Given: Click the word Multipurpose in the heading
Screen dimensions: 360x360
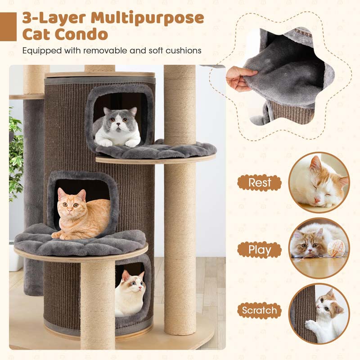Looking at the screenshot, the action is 147,18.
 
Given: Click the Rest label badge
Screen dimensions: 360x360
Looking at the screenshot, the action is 260,183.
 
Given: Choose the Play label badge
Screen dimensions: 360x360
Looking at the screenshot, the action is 260,250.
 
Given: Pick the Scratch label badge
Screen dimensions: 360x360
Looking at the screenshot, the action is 260,310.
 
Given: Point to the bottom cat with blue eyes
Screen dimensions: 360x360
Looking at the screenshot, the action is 130,294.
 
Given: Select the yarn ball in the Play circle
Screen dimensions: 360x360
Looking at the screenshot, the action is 336,248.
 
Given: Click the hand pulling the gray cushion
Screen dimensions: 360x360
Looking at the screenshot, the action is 239,78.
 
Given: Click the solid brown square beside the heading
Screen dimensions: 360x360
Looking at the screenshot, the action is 8,27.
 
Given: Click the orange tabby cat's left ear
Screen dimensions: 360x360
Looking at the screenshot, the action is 61,193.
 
